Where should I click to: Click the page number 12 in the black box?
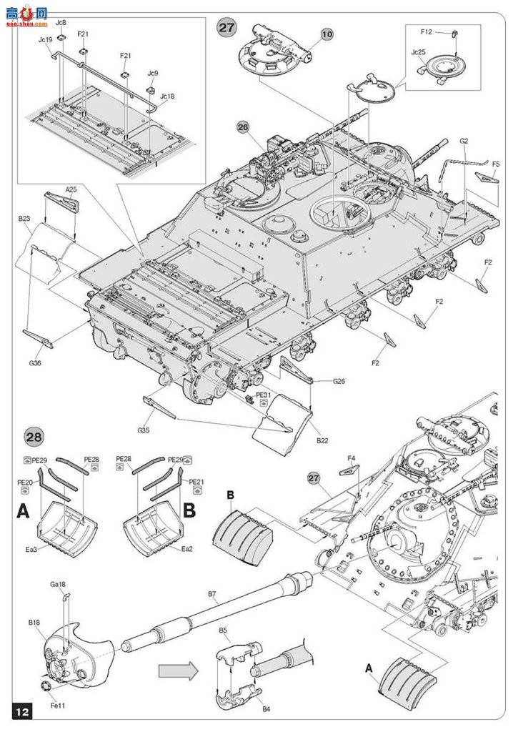23,711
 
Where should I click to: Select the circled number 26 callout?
243,127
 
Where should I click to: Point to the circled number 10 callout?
327,34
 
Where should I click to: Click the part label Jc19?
44,40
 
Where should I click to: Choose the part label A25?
71,189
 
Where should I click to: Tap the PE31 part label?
263,394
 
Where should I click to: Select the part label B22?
323,442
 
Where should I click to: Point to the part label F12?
427,32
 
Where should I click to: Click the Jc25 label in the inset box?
419,52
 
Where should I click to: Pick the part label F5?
496,164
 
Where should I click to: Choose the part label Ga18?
58,584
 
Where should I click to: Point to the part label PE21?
197,483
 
